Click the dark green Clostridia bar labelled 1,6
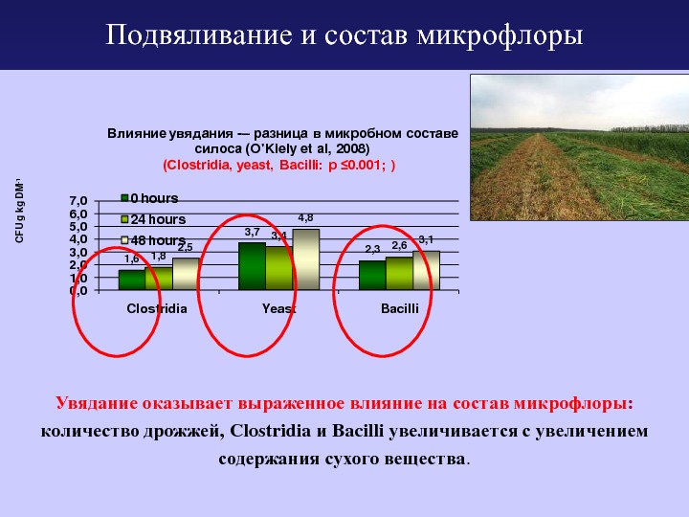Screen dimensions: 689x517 (x=132, y=280)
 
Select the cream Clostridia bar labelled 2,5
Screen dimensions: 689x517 (x=186, y=274)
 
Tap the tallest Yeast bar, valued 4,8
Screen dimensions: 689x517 (x=306, y=259)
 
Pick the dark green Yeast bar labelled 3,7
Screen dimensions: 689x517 (x=253, y=266)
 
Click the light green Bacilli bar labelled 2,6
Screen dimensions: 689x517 (x=399, y=274)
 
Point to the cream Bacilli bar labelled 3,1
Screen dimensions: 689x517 (x=426, y=270)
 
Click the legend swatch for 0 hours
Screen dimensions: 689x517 (x=124, y=198)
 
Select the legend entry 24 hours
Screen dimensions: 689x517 (x=153, y=219)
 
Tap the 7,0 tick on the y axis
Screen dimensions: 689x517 (x=78, y=201)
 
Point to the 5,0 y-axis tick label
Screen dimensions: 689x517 (x=78, y=227)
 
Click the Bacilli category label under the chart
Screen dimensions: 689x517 (x=399, y=308)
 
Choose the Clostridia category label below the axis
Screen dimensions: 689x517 (x=157, y=308)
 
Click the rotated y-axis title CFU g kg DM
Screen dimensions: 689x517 (x=19, y=211)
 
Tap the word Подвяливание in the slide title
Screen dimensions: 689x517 (x=199, y=35)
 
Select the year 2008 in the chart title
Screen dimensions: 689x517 (x=350, y=148)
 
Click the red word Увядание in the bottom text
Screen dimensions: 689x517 (x=97, y=404)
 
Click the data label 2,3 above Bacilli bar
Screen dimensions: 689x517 (x=372, y=250)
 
